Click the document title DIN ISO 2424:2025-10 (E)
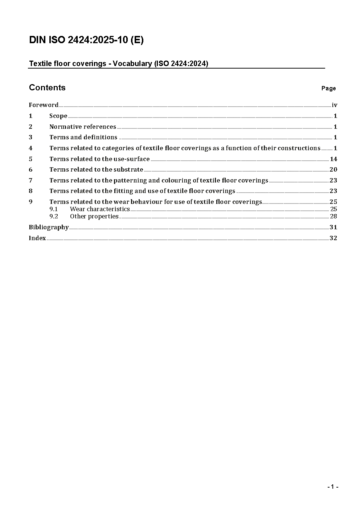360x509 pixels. [x=86, y=40]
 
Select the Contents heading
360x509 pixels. [x=47, y=88]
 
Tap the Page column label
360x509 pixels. [x=328, y=89]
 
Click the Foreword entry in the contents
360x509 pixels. [x=44, y=105]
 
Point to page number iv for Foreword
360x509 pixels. [x=335, y=105]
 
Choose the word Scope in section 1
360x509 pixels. [x=58, y=116]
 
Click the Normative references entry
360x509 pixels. [x=83, y=127]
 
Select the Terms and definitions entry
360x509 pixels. [x=83, y=137]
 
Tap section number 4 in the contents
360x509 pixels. [x=30, y=148]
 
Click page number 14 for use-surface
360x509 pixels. [x=334, y=159]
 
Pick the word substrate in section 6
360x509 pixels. [x=128, y=169]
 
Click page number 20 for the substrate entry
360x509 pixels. [x=333, y=169]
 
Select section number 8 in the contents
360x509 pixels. [x=30, y=191]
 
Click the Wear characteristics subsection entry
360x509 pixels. [x=100, y=209]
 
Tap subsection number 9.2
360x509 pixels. [x=54, y=217]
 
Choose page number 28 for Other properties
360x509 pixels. [x=334, y=217]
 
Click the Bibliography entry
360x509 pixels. [x=49, y=227]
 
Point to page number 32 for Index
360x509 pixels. [x=333, y=238]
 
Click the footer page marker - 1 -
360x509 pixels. [x=333, y=487]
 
